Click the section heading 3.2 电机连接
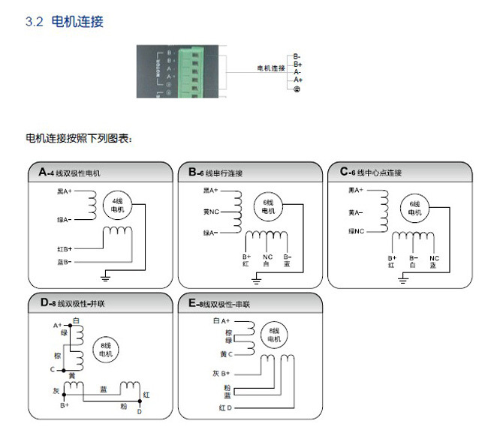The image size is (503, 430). coord(64,22)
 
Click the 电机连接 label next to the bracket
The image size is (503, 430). coord(271,68)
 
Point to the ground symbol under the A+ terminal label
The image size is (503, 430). coord(297,89)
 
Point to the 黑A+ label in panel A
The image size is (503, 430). coord(64,191)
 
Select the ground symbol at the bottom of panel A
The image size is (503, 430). coord(106,278)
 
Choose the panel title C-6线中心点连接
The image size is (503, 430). coord(371,173)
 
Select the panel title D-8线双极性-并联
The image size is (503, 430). coord(74,303)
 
